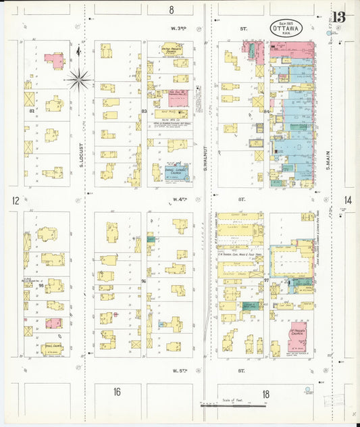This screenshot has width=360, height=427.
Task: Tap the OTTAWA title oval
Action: (286, 28)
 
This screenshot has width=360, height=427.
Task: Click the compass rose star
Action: (79, 80)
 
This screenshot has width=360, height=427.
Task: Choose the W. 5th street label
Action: (180, 370)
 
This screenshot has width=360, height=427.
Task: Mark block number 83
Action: (143, 111)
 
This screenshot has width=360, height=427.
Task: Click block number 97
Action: (267, 279)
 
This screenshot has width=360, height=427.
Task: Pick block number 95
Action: (41, 285)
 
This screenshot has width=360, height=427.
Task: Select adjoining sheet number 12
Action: (15, 200)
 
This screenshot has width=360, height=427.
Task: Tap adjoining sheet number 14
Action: (347, 200)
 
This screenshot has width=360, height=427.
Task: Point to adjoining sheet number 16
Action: (117, 392)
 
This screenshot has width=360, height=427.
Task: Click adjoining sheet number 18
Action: (265, 393)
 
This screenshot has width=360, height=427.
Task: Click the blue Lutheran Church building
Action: (176, 173)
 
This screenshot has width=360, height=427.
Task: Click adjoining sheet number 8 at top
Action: (172, 9)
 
